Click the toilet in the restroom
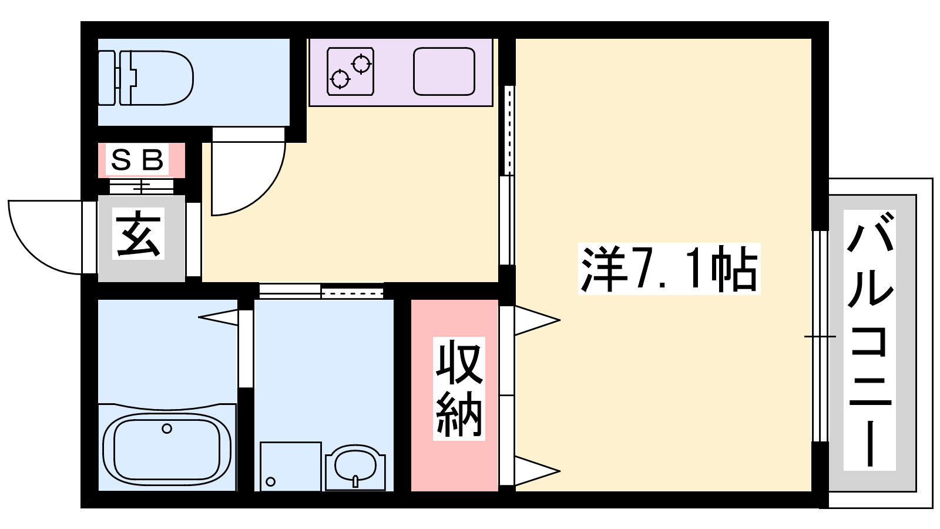(145, 78)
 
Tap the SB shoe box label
(137, 160)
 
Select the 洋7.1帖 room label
(669, 269)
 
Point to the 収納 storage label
(459, 389)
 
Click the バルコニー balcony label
(869, 340)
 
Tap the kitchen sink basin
(444, 71)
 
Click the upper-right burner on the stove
(361, 64)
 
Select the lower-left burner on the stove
(340, 79)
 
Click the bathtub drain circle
(167, 428)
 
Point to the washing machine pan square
(291, 467)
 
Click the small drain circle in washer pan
(271, 481)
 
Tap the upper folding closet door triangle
(537, 321)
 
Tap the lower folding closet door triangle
(537, 471)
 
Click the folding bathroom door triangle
(218, 317)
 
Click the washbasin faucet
(355, 481)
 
